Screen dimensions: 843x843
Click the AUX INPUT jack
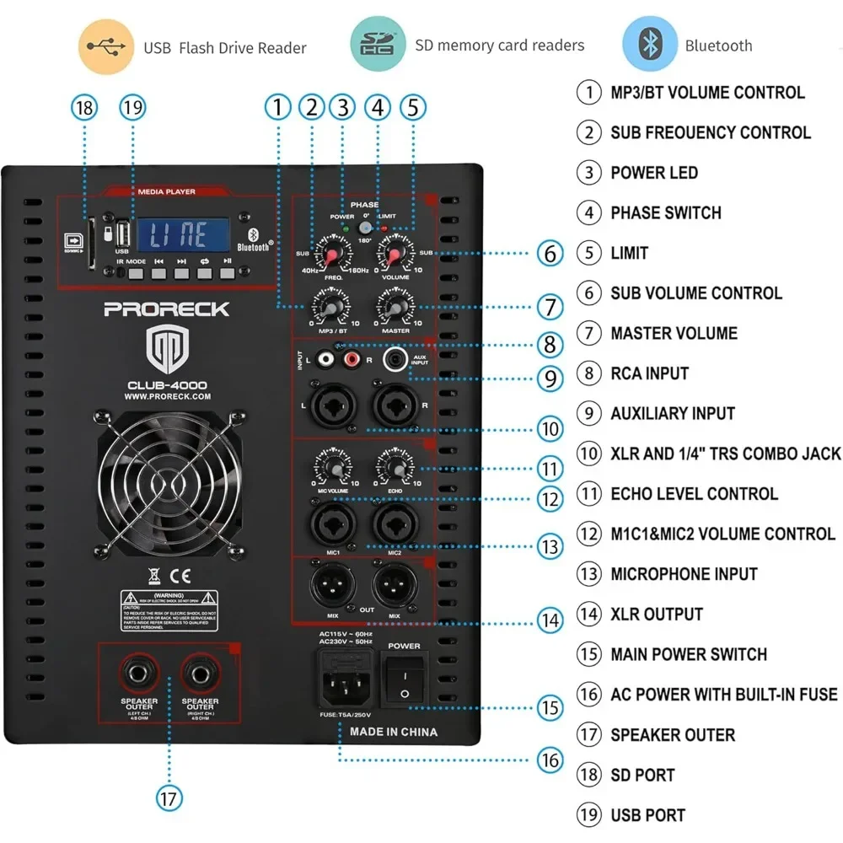point(393,361)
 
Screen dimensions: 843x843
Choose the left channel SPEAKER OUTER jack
point(137,674)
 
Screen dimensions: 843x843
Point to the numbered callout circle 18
point(84,108)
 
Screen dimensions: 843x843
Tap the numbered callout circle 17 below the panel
point(169,797)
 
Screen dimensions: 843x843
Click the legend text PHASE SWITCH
point(666,212)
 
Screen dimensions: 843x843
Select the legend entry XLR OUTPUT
point(657,614)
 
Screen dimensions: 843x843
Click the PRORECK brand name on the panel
point(166,309)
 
